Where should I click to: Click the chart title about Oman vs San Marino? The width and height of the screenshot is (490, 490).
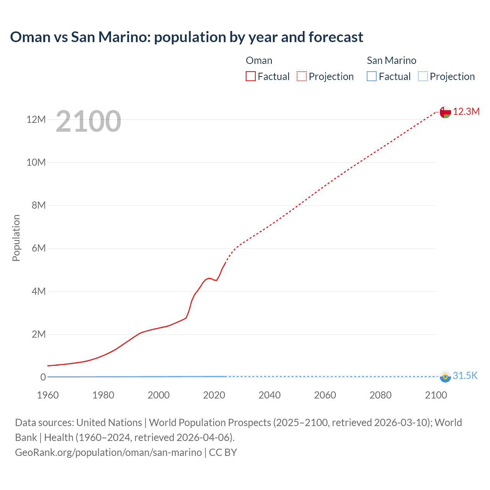pyautogui.click(x=186, y=37)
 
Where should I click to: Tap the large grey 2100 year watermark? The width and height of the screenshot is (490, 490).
pyautogui.click(x=88, y=121)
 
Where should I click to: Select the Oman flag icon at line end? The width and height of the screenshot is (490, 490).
pyautogui.click(x=445, y=112)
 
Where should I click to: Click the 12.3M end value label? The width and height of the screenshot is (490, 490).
pyautogui.click(x=466, y=111)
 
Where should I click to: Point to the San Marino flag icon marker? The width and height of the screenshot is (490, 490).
pyautogui.click(x=445, y=376)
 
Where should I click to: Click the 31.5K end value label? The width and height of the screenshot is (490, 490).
pyautogui.click(x=465, y=376)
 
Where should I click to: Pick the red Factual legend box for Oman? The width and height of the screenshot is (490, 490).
pyautogui.click(x=251, y=76)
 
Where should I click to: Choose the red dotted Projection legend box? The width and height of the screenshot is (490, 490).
pyautogui.click(x=302, y=76)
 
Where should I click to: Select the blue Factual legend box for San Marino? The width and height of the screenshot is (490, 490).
pyautogui.click(x=372, y=76)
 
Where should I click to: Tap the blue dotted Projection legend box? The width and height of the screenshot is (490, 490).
pyautogui.click(x=423, y=76)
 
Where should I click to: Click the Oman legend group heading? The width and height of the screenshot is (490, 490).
pyautogui.click(x=259, y=60)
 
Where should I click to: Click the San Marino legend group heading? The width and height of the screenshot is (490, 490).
pyautogui.click(x=391, y=60)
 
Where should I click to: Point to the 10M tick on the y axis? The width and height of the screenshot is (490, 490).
pyautogui.click(x=36, y=162)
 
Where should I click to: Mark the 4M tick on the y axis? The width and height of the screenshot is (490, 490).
pyautogui.click(x=39, y=291)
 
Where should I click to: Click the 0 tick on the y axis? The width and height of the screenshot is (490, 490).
pyautogui.click(x=43, y=377)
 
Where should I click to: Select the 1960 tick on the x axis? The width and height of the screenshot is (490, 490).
pyautogui.click(x=48, y=395)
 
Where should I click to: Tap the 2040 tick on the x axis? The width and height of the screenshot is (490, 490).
pyautogui.click(x=269, y=395)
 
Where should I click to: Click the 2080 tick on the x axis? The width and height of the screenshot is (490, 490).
pyautogui.click(x=381, y=395)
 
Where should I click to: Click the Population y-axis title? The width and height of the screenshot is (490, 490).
pyautogui.click(x=16, y=238)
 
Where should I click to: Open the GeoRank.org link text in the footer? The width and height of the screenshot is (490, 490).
pyautogui.click(x=108, y=452)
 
